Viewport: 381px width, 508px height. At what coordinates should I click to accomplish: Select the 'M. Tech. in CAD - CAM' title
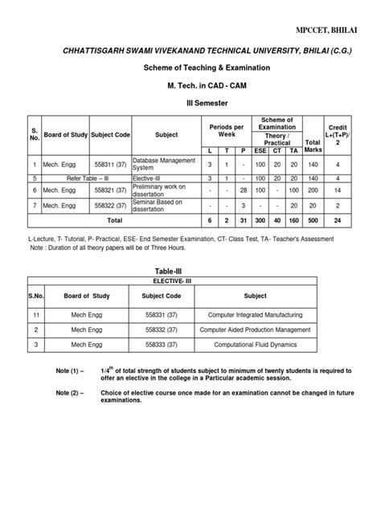coord(190,84)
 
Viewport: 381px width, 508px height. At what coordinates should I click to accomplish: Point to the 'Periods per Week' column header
coord(226,129)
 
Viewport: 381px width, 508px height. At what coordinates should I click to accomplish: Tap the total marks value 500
coord(313,219)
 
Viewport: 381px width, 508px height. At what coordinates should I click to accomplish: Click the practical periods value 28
coord(244,190)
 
